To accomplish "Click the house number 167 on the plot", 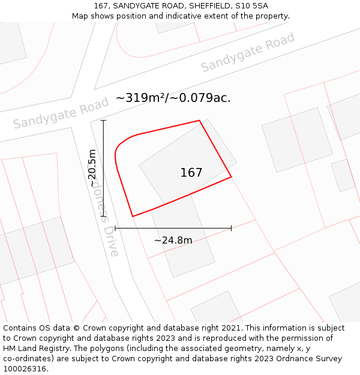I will click(x=191, y=173).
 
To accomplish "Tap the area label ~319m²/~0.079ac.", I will click(x=173, y=98).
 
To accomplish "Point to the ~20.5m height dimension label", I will click(x=92, y=168).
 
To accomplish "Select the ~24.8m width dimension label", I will click(x=173, y=241).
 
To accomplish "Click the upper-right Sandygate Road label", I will click(x=247, y=52).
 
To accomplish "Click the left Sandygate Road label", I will click(x=61, y=113).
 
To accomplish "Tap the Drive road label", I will click(x=111, y=241).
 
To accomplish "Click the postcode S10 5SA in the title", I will click(x=251, y=6).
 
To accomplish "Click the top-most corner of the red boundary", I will click(x=199, y=121).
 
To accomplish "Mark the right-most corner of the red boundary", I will click(x=231, y=177).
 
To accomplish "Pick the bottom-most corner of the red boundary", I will click(x=132, y=217).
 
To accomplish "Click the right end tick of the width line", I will click(x=231, y=228).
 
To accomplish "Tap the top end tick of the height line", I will click(x=103, y=121).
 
